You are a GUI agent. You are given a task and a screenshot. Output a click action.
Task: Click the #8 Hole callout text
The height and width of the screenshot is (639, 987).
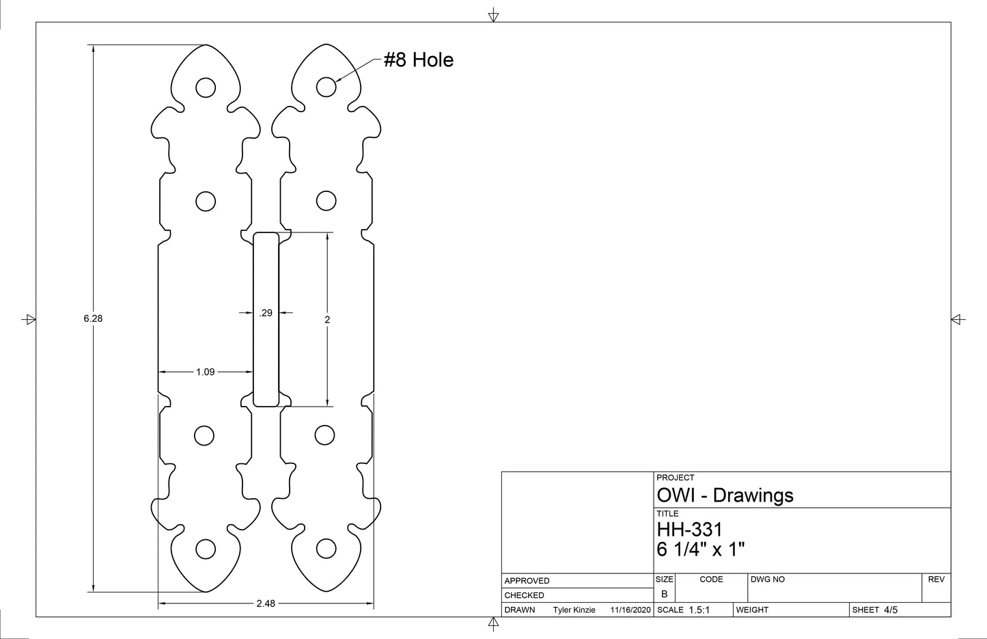[x=418, y=60]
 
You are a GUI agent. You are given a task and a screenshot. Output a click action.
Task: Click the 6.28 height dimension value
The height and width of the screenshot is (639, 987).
[x=93, y=318]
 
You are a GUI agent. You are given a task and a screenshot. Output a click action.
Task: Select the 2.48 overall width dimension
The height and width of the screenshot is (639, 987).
[x=266, y=603]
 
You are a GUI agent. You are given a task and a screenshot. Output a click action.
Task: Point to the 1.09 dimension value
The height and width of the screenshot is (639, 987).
[x=206, y=372]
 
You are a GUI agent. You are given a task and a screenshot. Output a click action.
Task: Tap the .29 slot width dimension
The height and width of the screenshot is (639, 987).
[x=266, y=313]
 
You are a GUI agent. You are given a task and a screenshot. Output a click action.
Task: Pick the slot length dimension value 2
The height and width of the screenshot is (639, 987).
[x=327, y=319]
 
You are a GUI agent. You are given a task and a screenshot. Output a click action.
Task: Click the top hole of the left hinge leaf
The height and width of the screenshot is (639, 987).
[x=205, y=87]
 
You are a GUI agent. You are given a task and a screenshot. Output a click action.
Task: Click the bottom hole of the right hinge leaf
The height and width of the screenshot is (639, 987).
[x=326, y=548]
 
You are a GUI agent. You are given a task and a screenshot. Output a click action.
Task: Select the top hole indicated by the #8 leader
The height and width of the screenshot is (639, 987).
[x=326, y=87]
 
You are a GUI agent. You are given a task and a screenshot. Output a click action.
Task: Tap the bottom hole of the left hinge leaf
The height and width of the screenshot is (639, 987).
[x=205, y=548]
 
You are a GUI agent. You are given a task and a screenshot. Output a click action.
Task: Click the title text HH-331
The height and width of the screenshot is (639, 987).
[x=689, y=530]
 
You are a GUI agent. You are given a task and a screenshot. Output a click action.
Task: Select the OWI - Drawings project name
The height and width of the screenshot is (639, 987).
[x=725, y=495]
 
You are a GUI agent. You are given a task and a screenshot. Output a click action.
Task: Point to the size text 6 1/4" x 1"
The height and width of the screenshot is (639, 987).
[x=700, y=549]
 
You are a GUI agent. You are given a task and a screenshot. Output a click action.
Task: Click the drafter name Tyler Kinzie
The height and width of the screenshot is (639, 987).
[x=574, y=610]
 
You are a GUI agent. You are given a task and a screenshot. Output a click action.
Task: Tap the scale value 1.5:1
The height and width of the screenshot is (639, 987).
[x=699, y=610]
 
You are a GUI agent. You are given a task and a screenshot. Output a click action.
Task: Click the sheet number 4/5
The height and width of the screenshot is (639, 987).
[x=891, y=610]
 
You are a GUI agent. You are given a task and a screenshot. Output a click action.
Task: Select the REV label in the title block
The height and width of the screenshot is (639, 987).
[x=936, y=580]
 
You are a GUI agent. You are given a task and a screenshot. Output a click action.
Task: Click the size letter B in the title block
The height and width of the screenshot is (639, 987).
[x=664, y=594]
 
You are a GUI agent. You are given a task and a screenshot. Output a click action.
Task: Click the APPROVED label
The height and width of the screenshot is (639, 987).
[x=527, y=581]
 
